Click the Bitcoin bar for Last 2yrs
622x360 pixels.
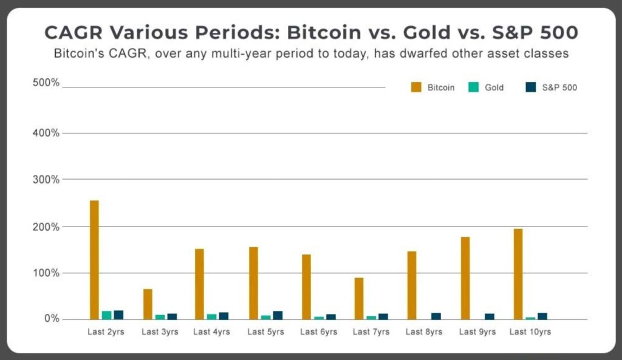(x=94, y=260)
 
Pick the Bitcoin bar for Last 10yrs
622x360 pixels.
(x=518, y=274)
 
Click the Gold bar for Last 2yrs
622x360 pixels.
(x=106, y=315)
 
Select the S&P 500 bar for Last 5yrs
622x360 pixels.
(x=278, y=315)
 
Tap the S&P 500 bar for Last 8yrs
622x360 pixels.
(x=436, y=316)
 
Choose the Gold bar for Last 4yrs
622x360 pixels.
(x=212, y=316)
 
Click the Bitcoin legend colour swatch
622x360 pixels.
(x=416, y=87)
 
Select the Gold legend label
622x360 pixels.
(x=494, y=87)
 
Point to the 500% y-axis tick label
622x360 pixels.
(x=46, y=83)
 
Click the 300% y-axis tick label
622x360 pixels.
(x=46, y=180)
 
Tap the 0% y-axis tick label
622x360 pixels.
(x=50, y=319)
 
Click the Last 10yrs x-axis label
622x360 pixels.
(x=530, y=332)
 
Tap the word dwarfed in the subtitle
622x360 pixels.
(x=419, y=53)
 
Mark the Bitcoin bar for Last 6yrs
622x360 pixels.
(x=306, y=287)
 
